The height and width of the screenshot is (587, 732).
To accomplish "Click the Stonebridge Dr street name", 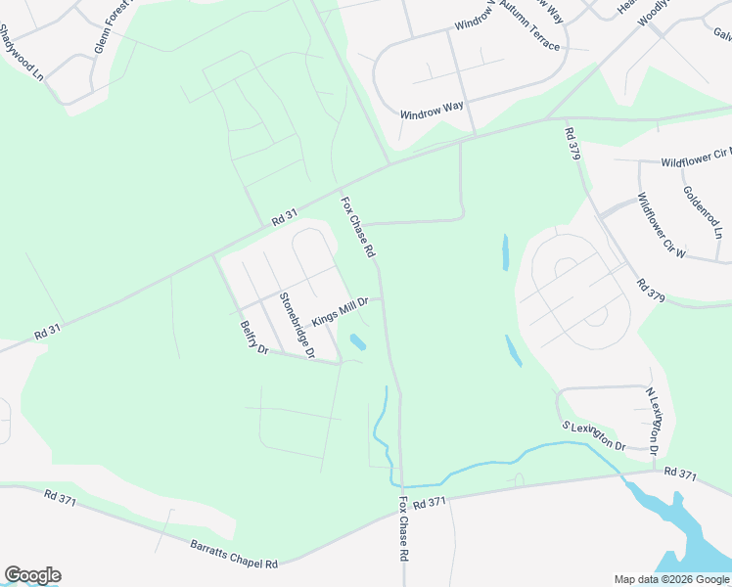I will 296,326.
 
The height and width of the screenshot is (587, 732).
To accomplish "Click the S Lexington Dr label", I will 593,435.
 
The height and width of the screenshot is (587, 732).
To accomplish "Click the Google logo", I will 32,575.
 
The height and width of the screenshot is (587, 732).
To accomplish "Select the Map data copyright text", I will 671,579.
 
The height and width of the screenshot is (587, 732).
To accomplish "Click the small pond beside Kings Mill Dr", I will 358,342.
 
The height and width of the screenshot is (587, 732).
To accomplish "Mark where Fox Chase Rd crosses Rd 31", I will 339,189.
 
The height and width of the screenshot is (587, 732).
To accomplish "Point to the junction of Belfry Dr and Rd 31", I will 212,255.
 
